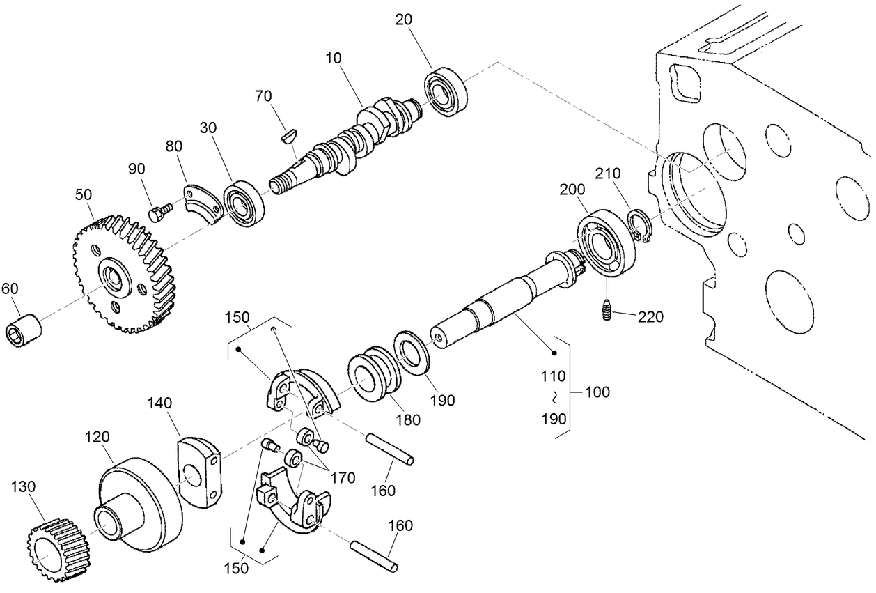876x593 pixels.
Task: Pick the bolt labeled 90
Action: [159, 210]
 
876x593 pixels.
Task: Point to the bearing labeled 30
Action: [244, 204]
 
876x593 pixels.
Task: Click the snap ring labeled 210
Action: [639, 229]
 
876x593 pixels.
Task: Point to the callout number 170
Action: [343, 478]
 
